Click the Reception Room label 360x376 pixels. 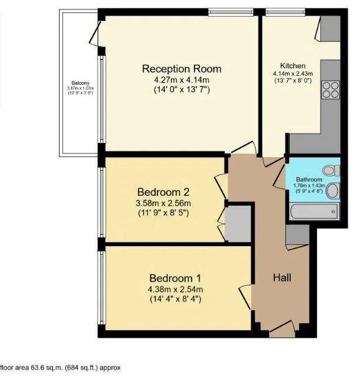(181, 68)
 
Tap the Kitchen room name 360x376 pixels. (292, 65)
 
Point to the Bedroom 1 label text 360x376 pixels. (174, 278)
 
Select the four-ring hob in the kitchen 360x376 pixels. (330, 91)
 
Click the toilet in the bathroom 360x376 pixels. (332, 169)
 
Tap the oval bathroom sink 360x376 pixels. (333, 190)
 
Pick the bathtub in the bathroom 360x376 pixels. (314, 211)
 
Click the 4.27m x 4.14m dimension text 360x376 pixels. (181, 80)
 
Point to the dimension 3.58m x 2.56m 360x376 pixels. (163, 203)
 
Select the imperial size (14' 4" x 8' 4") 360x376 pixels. (174, 299)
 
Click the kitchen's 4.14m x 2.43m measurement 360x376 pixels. (292, 73)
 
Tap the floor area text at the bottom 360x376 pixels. (65, 367)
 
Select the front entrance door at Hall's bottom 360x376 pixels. (283, 328)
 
